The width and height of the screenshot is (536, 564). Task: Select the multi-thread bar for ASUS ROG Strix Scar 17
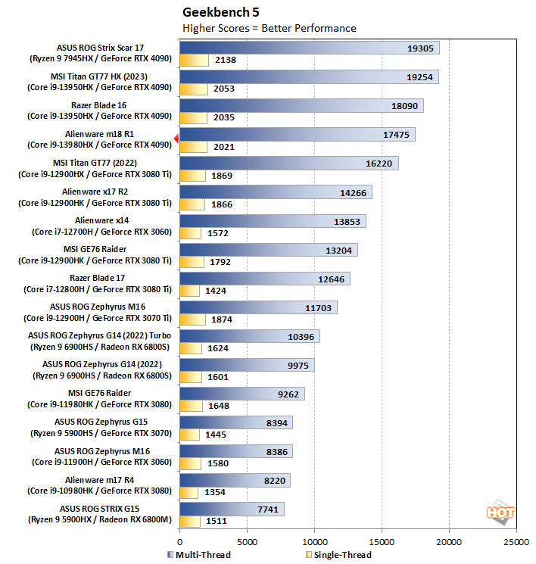309,48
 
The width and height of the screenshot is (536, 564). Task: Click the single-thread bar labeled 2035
193,118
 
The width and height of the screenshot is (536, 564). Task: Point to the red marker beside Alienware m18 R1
176,138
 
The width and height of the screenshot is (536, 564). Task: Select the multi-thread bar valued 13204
268,250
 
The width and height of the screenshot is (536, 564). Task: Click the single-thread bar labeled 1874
192,319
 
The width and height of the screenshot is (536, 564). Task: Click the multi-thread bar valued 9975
247,365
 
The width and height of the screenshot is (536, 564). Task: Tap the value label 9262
289,394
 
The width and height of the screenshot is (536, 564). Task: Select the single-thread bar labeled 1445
189,435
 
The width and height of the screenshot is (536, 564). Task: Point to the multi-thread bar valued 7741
232,509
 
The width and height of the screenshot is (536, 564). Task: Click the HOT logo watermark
500,513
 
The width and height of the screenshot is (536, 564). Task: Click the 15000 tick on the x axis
382,543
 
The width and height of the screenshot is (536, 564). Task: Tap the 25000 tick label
516,543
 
